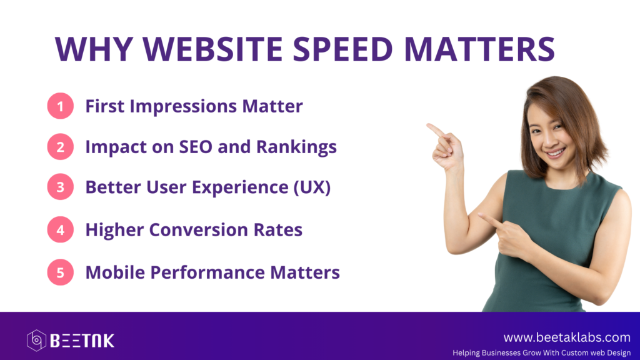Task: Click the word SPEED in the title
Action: pos(343,49)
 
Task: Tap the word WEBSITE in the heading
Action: pos(212,49)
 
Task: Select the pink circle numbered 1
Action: pos(61,106)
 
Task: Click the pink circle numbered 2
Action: pos(61,146)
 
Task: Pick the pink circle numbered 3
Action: pos(61,187)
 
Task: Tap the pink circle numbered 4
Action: pos(61,229)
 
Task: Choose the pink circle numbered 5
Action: pos(61,272)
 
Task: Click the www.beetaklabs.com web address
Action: pos(567,337)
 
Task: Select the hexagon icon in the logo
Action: pos(36,341)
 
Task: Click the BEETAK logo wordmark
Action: pos(82,341)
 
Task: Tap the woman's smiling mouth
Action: pos(556,152)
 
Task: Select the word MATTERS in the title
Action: pos(479,49)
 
